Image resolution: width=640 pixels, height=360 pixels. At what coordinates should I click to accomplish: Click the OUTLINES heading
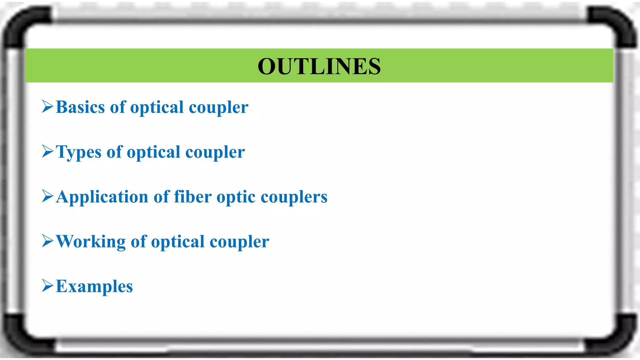click(319, 66)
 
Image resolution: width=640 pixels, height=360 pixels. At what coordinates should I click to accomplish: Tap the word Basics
click(80, 107)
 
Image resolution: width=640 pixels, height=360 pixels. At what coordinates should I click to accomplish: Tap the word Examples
click(94, 287)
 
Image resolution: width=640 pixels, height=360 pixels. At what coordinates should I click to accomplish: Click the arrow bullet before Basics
click(47, 107)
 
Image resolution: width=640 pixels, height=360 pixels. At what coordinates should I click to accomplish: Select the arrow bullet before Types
click(47, 151)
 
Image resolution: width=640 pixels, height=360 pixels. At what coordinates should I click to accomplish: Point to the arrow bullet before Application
click(47, 196)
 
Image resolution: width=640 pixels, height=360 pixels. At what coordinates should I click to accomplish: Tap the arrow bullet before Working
click(47, 241)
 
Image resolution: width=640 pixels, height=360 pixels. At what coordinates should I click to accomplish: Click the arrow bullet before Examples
click(47, 286)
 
